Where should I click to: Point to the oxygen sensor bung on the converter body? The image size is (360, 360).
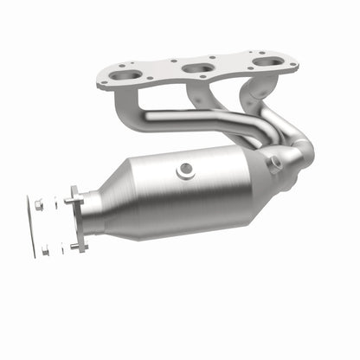pos(185,170)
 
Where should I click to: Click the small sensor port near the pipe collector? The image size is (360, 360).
pos(275,161)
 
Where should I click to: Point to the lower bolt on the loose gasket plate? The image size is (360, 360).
pos(44,252)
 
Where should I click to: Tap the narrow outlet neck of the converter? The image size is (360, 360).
pos(90,218)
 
